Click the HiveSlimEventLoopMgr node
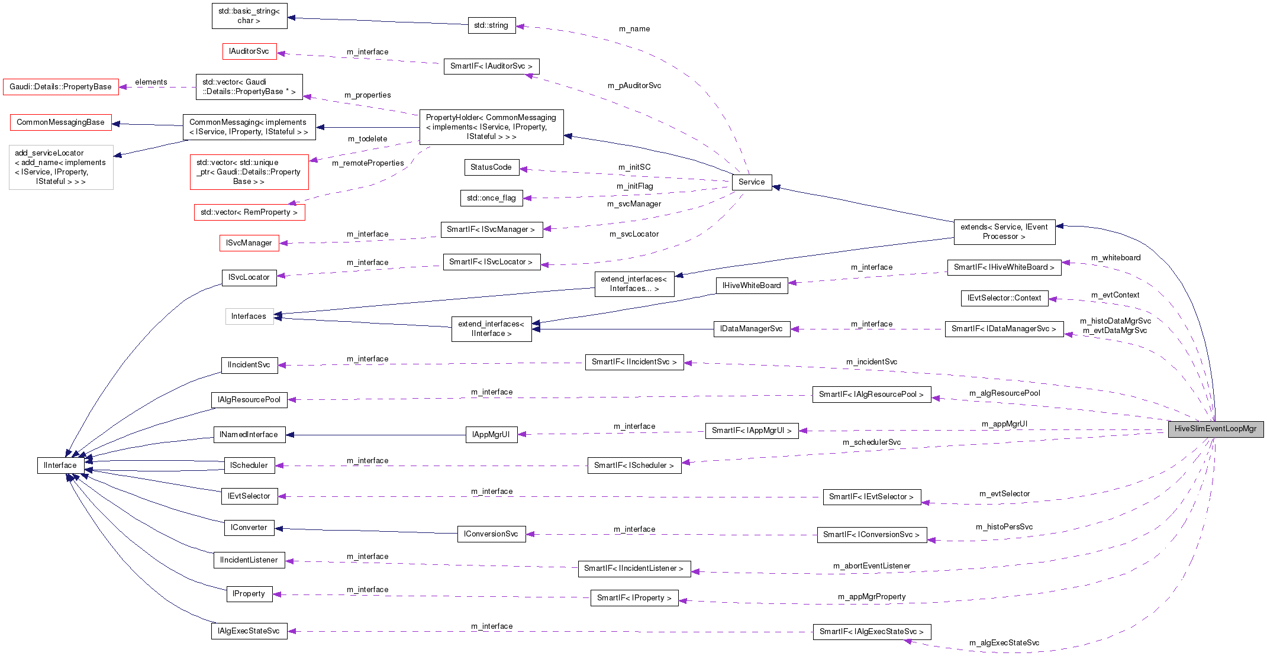(x=1215, y=429)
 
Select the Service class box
(x=752, y=182)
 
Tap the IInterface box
(x=60, y=466)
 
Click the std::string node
(x=491, y=25)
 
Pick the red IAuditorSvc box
(x=249, y=51)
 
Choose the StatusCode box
(x=491, y=167)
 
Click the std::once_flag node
(x=491, y=198)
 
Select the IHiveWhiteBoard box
(x=752, y=286)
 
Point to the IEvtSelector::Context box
(x=1004, y=298)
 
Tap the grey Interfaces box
(x=249, y=316)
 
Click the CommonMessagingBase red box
(x=60, y=122)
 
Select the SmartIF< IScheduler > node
(x=634, y=466)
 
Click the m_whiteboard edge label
(x=1116, y=258)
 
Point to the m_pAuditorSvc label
(x=634, y=86)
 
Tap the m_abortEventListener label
(x=871, y=566)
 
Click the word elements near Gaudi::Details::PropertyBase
(x=151, y=82)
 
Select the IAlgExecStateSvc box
(x=249, y=631)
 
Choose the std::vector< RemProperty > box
(x=249, y=212)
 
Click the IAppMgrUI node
(x=491, y=435)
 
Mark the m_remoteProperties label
(x=367, y=163)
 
